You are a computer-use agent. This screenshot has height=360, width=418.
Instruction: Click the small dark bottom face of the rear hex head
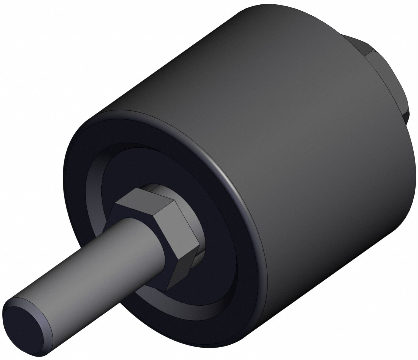pyautogui.click(x=405, y=115)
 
